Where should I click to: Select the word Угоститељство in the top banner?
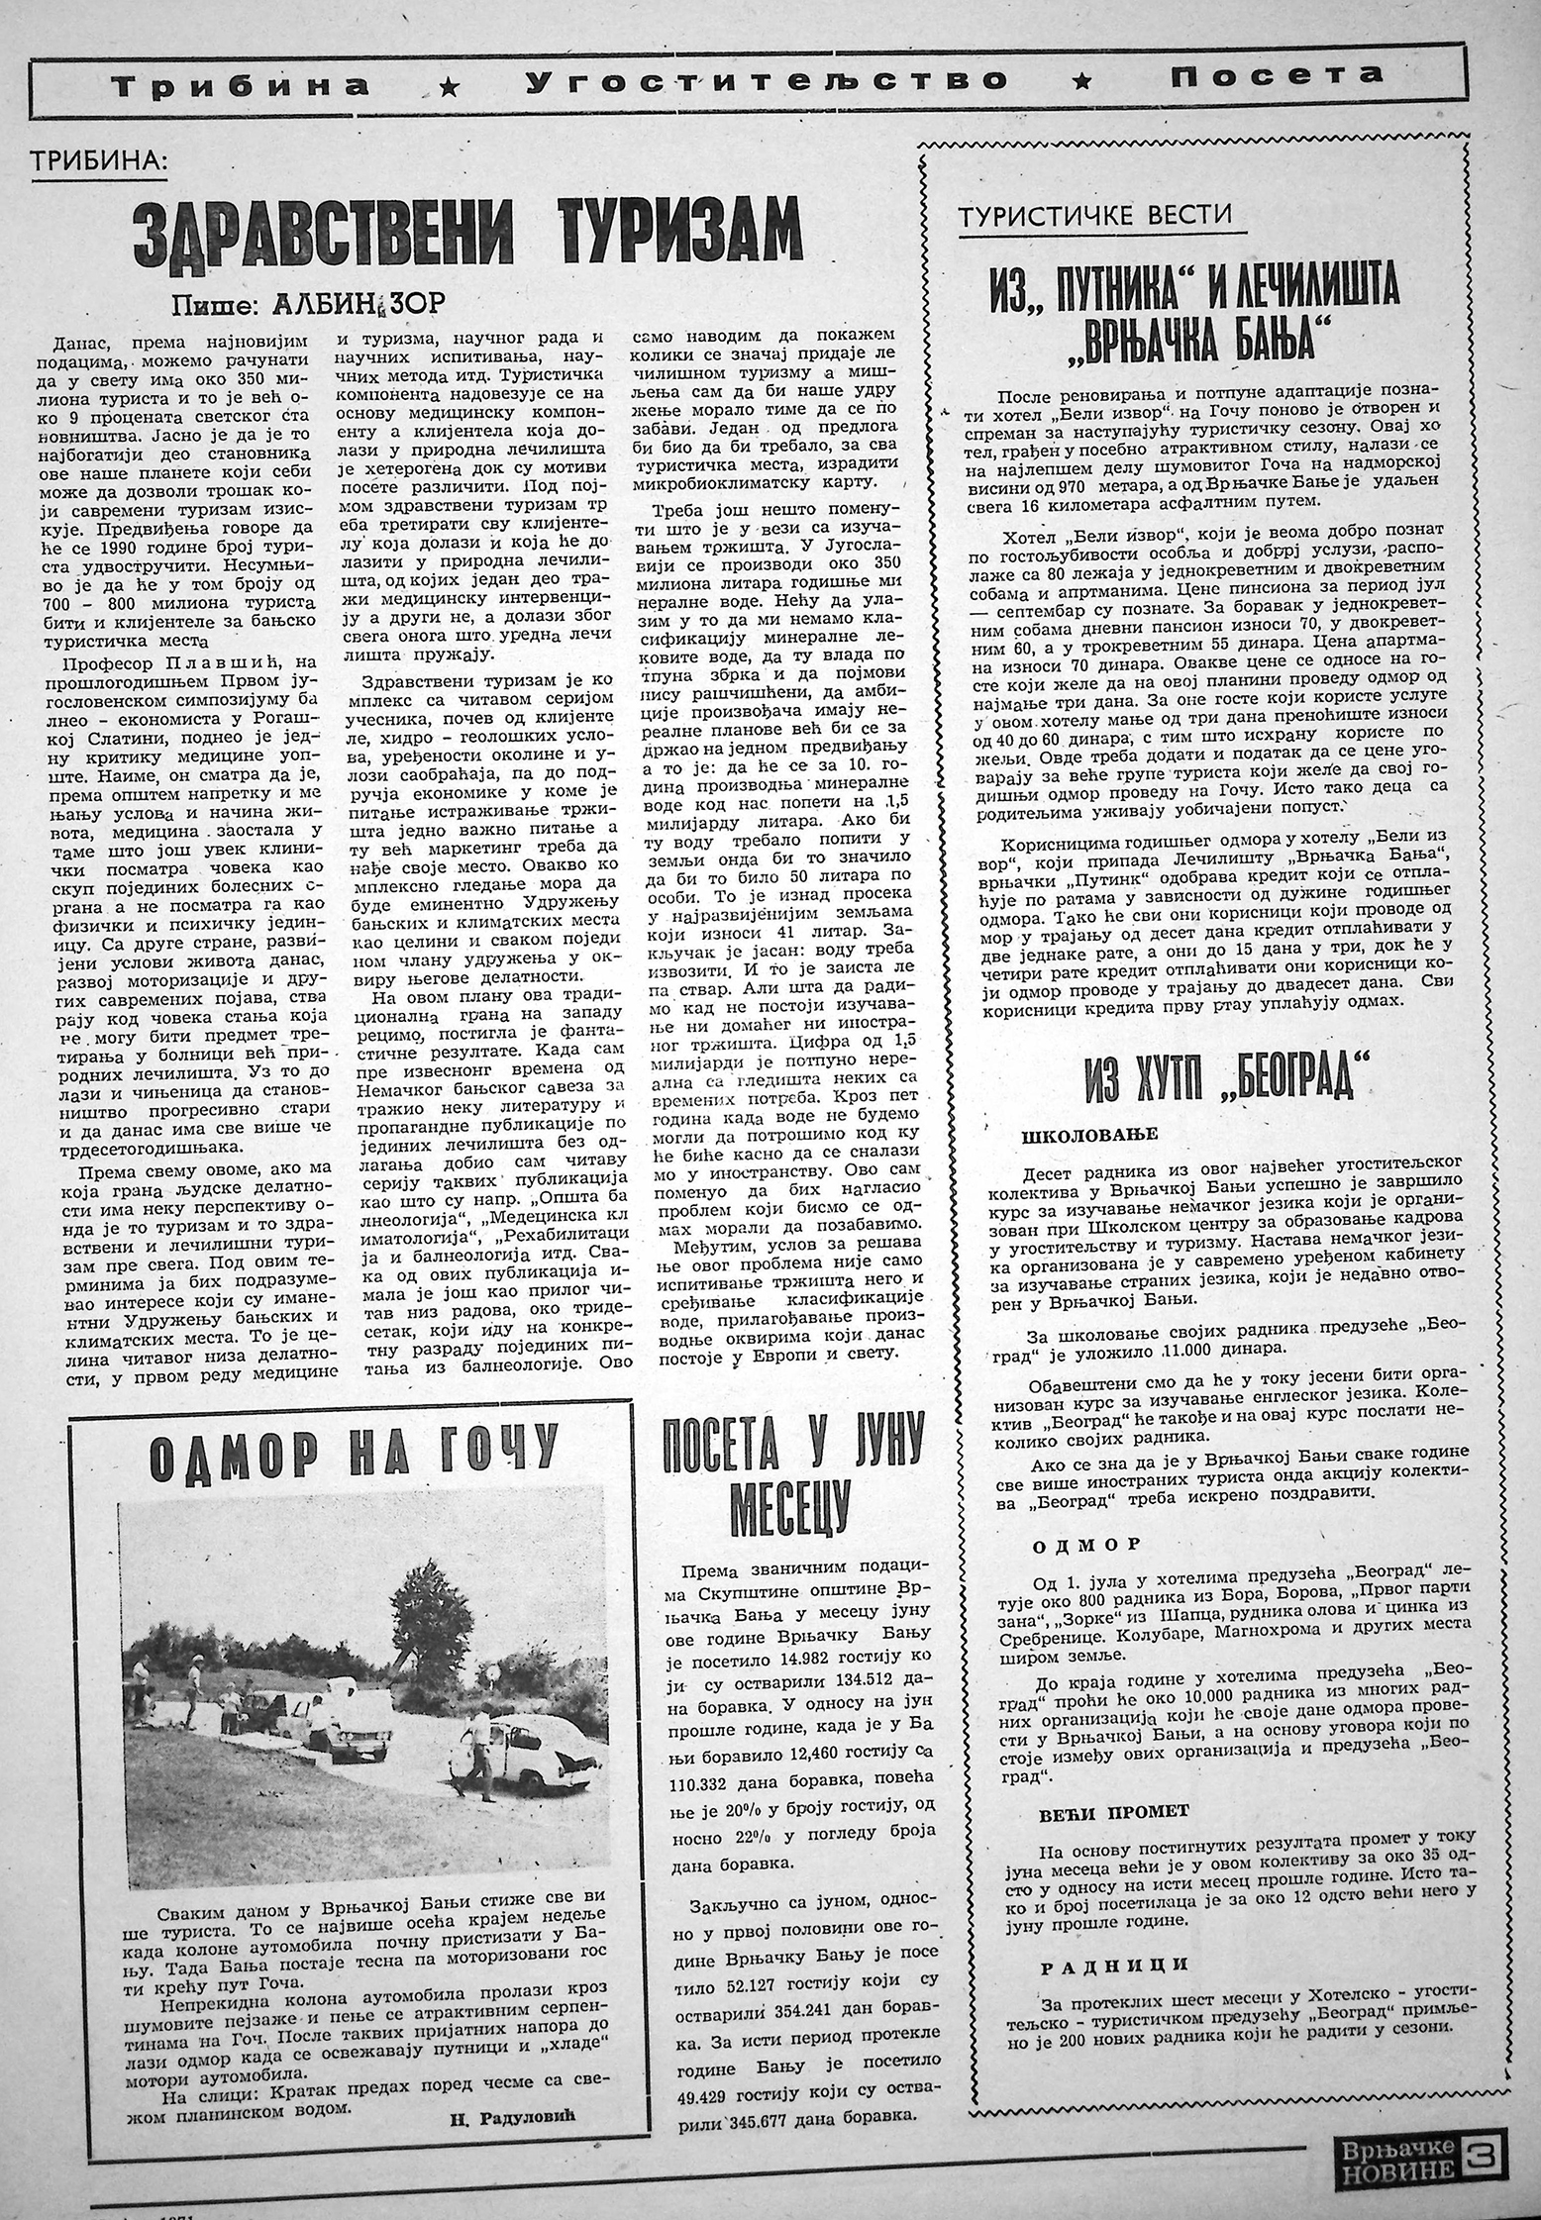(767, 82)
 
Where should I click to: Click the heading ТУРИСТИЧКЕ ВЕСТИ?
(1096, 213)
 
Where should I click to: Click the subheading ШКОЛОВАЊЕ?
(1082, 1135)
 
